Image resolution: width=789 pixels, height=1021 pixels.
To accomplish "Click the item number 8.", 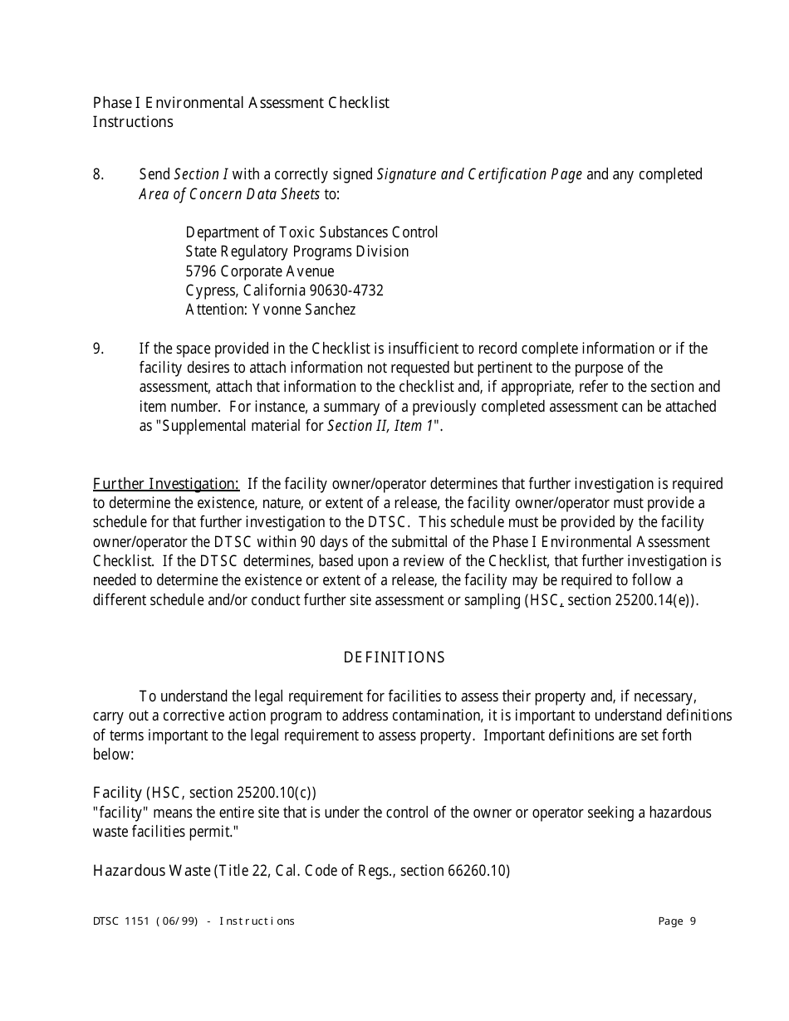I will [x=98, y=175].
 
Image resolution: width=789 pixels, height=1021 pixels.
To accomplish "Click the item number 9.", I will [x=98, y=349].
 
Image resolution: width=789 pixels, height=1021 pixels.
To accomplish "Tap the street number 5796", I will [x=201, y=272].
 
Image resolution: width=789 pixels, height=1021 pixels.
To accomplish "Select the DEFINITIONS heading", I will [x=394, y=658].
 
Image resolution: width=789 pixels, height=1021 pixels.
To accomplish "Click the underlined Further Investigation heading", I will [x=166, y=484].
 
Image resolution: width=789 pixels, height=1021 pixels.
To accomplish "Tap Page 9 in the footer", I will [x=677, y=921].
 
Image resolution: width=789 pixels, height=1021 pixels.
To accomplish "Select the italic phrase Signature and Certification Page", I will [x=479, y=175].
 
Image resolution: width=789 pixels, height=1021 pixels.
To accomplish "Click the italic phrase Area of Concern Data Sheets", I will [x=229, y=195].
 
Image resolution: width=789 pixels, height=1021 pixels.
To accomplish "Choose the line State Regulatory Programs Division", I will [x=297, y=252].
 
